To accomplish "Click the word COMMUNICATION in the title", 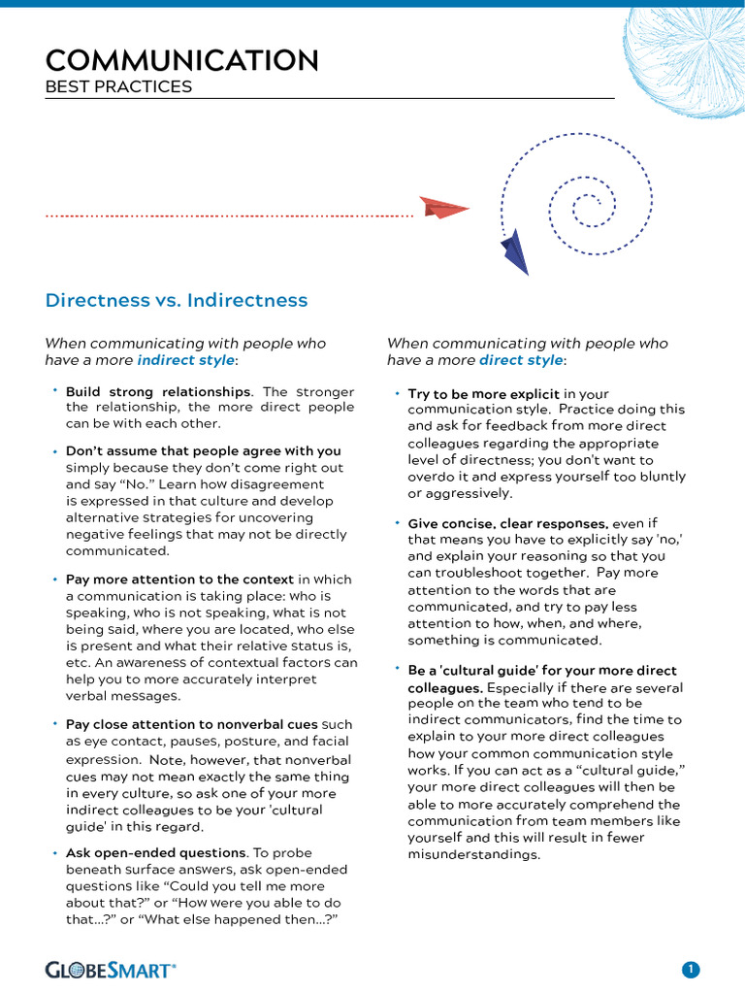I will pos(181,60).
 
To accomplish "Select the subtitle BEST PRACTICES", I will pos(118,87).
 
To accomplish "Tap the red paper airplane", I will pos(444,208).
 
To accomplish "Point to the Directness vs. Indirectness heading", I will pos(177,300).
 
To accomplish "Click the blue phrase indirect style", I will pos(185,360).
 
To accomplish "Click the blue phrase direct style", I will pos(521,360).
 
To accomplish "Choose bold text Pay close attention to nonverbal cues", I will pos(191,724).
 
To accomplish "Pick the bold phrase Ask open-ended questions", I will pos(154,852).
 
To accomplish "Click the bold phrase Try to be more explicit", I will pos(483,394).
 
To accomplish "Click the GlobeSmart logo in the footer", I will pos(111,969).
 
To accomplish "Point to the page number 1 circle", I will pos(690,969).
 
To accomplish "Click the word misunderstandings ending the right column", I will pos(473,854).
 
